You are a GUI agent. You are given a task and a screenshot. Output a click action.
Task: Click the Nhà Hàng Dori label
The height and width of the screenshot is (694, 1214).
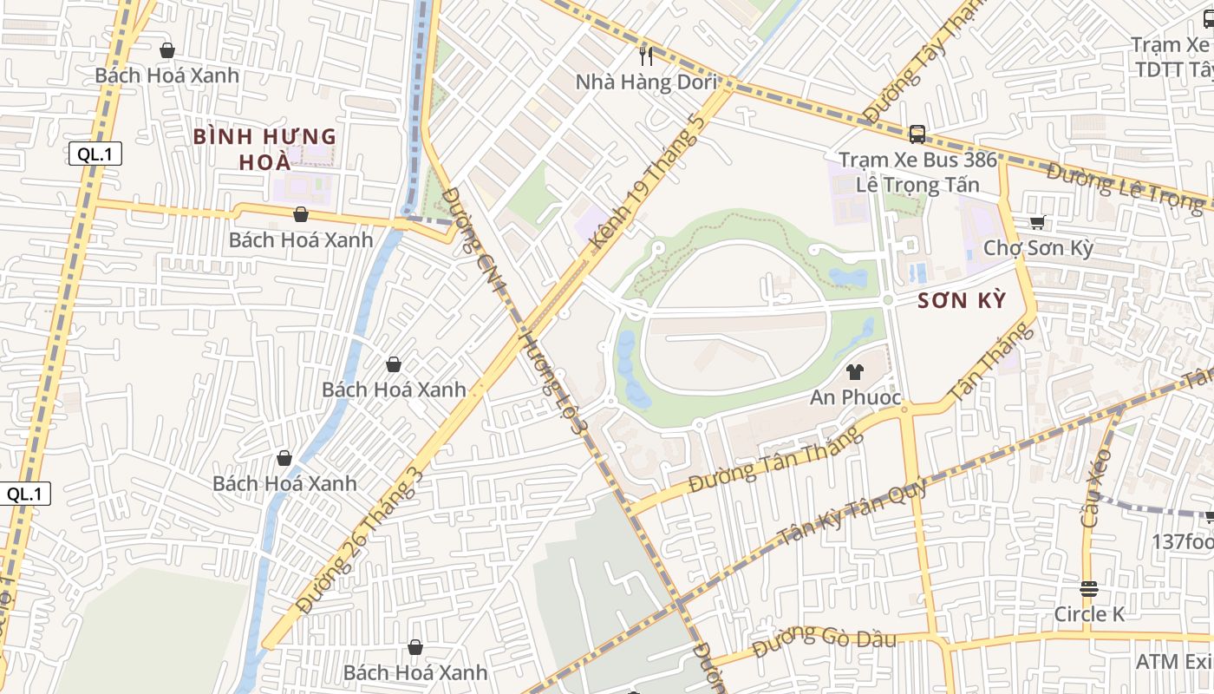pos(648,82)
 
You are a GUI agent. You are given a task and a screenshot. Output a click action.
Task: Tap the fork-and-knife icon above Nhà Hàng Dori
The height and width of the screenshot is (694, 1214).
pos(645,56)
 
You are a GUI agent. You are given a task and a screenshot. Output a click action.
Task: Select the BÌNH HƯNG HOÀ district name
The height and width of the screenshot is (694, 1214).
pos(264,149)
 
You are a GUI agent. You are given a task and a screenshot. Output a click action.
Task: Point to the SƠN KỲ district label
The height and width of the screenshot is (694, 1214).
pos(962,301)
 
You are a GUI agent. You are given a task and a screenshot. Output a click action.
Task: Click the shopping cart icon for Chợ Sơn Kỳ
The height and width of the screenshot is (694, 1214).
pos(1037,223)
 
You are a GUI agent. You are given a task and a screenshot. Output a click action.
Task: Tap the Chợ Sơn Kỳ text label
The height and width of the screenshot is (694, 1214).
pos(1038,248)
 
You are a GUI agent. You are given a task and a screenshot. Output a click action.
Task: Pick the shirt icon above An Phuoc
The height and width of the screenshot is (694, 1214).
pos(855,373)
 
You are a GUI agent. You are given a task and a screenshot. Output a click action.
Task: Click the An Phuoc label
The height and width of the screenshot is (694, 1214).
pos(855,398)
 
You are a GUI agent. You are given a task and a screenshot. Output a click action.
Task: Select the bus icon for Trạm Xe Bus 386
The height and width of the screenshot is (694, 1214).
pos(917,134)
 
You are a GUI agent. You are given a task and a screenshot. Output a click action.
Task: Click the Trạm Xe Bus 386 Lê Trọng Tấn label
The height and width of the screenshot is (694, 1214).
pos(917,172)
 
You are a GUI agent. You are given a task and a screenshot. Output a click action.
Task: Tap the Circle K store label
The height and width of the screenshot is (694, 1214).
pos(1089,614)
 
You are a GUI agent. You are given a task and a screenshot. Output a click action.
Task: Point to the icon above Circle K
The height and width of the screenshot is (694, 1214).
pos(1089,589)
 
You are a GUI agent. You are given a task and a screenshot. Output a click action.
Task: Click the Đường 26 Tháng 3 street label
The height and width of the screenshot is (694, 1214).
pos(360,540)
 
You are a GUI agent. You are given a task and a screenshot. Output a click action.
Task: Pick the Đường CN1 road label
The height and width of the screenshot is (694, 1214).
pos(473,234)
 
